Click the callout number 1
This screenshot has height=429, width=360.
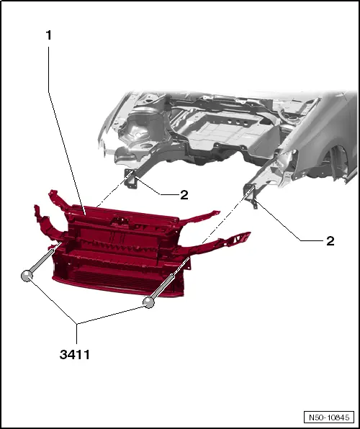pos(48,35)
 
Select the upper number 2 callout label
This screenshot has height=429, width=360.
pos(184,195)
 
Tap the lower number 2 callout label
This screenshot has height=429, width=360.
pos(330,241)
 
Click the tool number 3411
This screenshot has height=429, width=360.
pos(75,355)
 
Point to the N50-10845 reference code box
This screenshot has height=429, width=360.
pos(329,417)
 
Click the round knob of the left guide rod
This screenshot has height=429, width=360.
pos(27,276)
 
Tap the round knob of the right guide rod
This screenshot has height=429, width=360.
pos(148,302)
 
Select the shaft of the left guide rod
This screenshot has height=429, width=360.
pos(45,258)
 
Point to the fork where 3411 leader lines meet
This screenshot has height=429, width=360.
pos(76,324)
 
